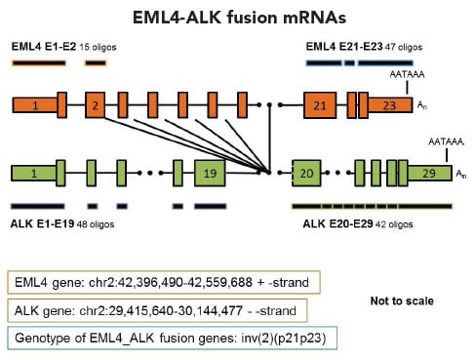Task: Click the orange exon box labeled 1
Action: click(33, 104)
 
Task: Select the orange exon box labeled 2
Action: click(95, 104)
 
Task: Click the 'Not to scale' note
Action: click(400, 301)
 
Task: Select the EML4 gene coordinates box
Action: click(159, 283)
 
